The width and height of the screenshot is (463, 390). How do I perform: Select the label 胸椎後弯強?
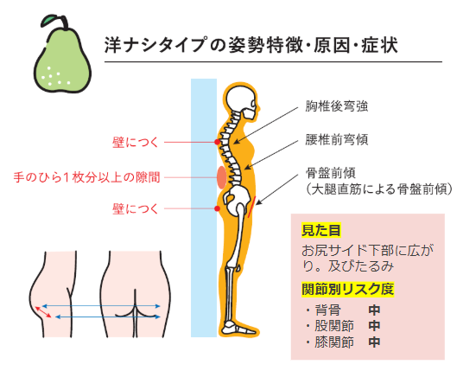(337, 106)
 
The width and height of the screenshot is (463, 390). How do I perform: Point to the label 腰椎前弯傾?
(337, 139)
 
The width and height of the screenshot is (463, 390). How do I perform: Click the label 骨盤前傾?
(331, 173)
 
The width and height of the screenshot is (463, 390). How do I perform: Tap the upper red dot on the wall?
(218, 142)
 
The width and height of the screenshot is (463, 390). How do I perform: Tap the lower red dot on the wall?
(218, 208)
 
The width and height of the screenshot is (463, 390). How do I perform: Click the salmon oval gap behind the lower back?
(221, 177)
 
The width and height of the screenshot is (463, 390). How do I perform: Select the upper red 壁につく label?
(136, 142)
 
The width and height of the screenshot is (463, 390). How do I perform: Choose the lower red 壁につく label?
(136, 208)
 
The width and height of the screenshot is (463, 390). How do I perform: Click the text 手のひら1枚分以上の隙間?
(86, 177)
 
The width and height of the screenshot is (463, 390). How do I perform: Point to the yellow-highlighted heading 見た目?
(321, 230)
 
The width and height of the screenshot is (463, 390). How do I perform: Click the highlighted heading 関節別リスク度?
(348, 289)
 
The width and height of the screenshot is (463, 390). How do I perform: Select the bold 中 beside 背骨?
(374, 310)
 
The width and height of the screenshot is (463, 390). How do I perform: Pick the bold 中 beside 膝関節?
(374, 342)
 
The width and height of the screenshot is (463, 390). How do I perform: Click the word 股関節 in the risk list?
(334, 326)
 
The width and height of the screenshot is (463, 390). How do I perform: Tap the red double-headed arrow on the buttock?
(43, 312)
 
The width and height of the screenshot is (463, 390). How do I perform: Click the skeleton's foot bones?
(238, 327)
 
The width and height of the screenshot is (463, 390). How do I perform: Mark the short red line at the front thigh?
(251, 207)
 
